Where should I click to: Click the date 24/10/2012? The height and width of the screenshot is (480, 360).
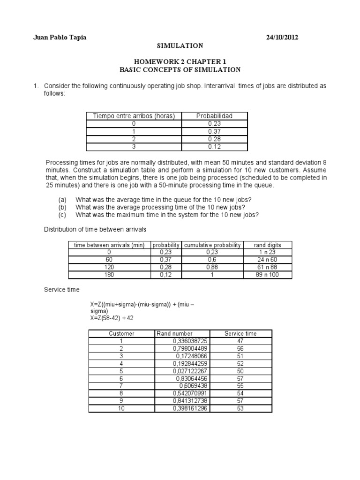(x=281, y=37)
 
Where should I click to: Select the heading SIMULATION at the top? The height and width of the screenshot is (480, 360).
(x=180, y=46)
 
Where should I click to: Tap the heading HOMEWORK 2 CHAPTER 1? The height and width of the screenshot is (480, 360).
(x=180, y=62)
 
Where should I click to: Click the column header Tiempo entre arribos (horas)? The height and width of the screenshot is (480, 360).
(x=134, y=116)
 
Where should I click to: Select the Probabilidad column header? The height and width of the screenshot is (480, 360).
(x=214, y=116)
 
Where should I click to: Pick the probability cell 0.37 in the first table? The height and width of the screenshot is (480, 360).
(x=214, y=132)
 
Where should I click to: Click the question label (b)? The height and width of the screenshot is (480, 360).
(x=62, y=207)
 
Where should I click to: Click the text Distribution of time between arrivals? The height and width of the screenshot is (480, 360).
(x=95, y=229)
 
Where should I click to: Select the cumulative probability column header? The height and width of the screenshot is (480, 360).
(x=213, y=245)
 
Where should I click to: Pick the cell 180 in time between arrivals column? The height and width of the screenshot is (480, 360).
(x=109, y=275)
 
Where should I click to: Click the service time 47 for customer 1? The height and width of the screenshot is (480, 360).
(x=240, y=341)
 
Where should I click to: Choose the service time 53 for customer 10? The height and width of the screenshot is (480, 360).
(x=240, y=408)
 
